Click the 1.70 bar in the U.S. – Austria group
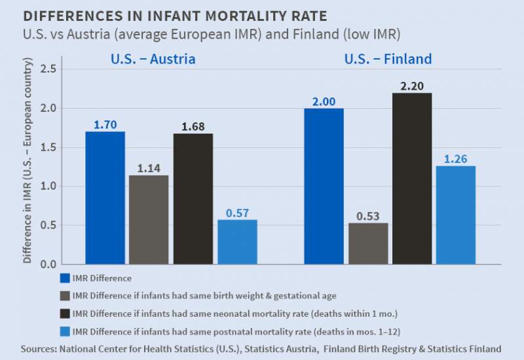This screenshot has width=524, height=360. (x=105, y=198)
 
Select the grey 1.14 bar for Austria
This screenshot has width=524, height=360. (x=149, y=219)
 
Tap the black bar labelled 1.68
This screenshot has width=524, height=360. (x=193, y=198)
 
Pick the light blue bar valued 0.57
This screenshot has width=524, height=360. (x=237, y=242)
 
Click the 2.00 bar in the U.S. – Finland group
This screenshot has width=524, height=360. (x=324, y=186)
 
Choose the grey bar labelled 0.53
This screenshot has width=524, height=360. (x=368, y=243)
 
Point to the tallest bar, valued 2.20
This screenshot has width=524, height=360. (x=412, y=178)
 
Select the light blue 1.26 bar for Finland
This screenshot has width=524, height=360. (x=456, y=215)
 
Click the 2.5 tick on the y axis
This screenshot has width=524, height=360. (x=48, y=69)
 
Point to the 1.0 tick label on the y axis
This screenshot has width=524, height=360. (x=48, y=187)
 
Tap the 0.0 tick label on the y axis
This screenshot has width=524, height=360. (x=48, y=264)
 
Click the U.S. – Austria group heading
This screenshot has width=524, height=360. (x=153, y=60)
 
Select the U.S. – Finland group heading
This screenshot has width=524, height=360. (x=388, y=60)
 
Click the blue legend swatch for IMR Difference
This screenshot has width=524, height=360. (x=64, y=279)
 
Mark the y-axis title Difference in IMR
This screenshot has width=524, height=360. (x=28, y=160)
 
